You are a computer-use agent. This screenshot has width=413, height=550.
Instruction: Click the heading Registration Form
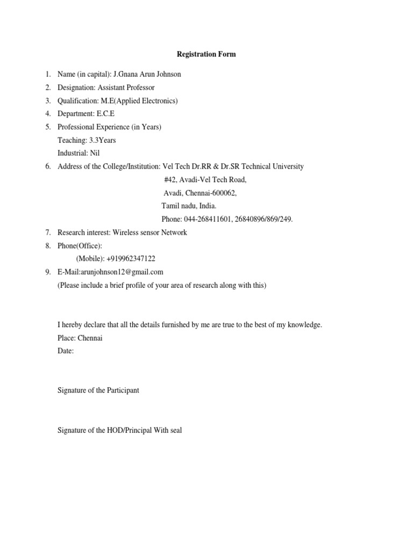pyautogui.click(x=206, y=54)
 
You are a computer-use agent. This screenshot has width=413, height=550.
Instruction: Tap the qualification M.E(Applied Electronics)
pyautogui.click(x=139, y=100)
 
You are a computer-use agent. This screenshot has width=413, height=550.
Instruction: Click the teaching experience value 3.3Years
pyautogui.click(x=102, y=140)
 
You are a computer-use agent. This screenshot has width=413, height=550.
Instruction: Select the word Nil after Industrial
pyautogui.click(x=95, y=153)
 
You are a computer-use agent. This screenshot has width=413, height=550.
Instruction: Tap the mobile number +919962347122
pyautogui.click(x=131, y=258)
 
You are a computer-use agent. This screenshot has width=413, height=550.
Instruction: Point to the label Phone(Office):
pyautogui.click(x=80, y=245)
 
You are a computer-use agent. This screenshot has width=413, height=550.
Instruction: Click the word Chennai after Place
pyautogui.click(x=90, y=338)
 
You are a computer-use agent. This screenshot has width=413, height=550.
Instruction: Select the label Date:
pyautogui.click(x=66, y=351)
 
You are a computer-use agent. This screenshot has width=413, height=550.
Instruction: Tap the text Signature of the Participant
pyautogui.click(x=98, y=390)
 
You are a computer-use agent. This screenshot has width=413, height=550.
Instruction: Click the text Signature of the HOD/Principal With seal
pyautogui.click(x=119, y=430)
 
